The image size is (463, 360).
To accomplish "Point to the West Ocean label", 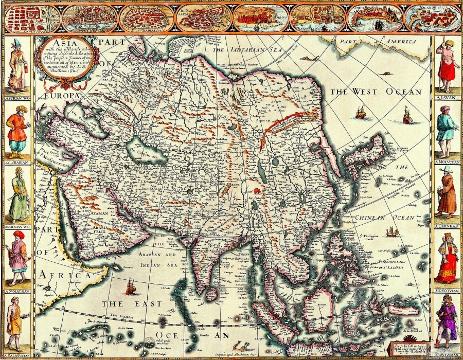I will tap(376, 92).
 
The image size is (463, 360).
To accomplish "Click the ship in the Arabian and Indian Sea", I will tap(131, 286).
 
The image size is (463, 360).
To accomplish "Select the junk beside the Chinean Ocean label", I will tap(392, 232).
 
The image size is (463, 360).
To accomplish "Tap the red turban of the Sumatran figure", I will tap(19, 235).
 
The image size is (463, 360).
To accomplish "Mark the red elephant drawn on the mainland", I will tap(256, 191).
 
